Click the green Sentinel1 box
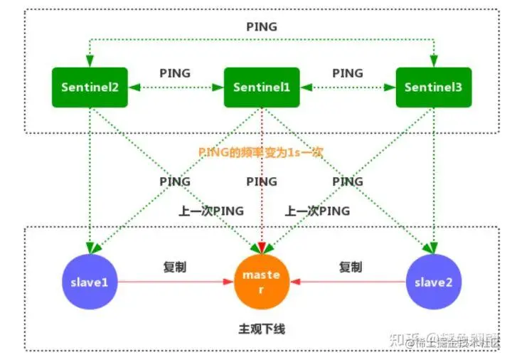pos(262,88)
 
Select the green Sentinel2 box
pos(90,88)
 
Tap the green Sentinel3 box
pos(433,88)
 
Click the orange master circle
pos(262,281)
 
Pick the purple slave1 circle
pos(90,282)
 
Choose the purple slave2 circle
pos(433,282)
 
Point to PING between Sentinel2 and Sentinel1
pos(175,73)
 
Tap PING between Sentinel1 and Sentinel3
pos(347,73)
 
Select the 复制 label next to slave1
pos(175,268)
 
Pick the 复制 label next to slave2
pos(350,268)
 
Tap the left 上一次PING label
pos(211,211)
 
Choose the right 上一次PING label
pos(317,211)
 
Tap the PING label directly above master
pos(262,181)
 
